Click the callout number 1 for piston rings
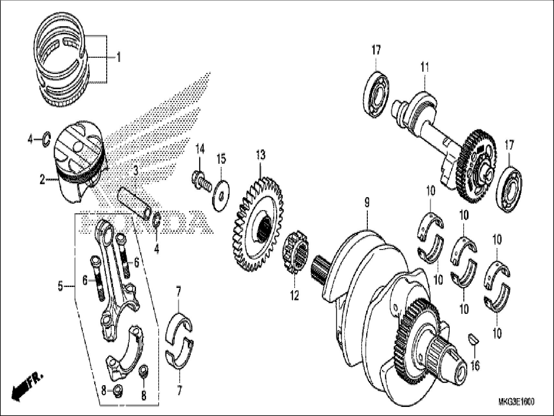coord(119,58)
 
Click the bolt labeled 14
coord(201,180)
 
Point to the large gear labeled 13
coord(257,224)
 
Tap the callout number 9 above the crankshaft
coord(367,203)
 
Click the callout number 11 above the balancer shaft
coord(424,67)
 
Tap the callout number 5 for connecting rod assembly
coord(60,287)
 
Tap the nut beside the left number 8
coord(118,390)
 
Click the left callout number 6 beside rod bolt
coord(85,280)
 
